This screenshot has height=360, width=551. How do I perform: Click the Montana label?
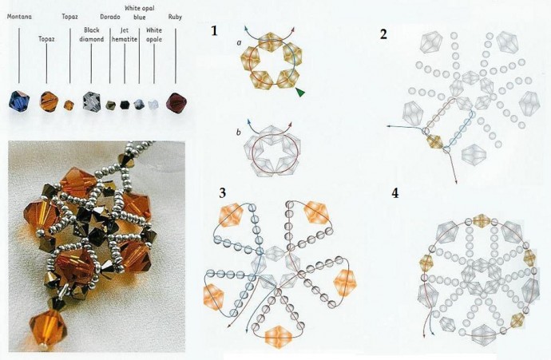19,17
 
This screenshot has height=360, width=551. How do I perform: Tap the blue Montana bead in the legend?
19,101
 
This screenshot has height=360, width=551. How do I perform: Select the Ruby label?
175,17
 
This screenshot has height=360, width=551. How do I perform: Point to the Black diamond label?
91,34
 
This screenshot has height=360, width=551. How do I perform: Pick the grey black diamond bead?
92,101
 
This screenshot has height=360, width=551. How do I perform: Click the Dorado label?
110,17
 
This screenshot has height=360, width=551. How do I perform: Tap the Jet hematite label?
125,34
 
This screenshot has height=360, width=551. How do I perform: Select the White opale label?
154,34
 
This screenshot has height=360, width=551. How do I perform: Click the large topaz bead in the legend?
49,101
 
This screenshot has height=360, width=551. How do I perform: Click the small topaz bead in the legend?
69,105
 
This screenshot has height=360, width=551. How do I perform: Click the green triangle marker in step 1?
300,92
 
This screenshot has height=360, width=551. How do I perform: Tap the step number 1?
214,31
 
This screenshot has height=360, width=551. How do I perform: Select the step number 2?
383,34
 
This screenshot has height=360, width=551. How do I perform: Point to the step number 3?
222,193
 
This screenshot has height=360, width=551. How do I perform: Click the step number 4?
395,193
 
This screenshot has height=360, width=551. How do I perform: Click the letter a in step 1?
239,42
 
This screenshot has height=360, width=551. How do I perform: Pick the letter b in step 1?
239,133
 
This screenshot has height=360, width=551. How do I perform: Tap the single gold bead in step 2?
436,141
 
